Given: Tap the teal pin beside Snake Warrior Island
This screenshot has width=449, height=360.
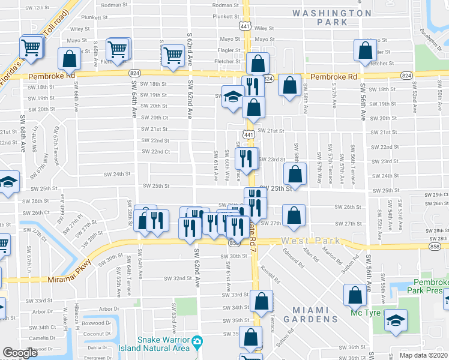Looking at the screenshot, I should [197, 343].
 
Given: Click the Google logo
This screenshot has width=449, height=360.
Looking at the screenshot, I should [20, 353].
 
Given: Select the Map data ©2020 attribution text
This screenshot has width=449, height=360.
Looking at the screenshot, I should [424, 355].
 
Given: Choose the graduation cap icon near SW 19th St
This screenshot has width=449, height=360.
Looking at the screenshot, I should [232, 96].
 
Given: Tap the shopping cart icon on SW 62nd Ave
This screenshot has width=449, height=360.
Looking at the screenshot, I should [173, 55].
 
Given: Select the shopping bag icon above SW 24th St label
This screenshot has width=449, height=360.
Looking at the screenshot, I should [295, 174].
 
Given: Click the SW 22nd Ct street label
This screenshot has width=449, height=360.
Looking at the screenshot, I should [155, 151].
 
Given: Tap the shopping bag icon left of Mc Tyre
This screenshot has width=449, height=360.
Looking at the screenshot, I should [355, 295].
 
